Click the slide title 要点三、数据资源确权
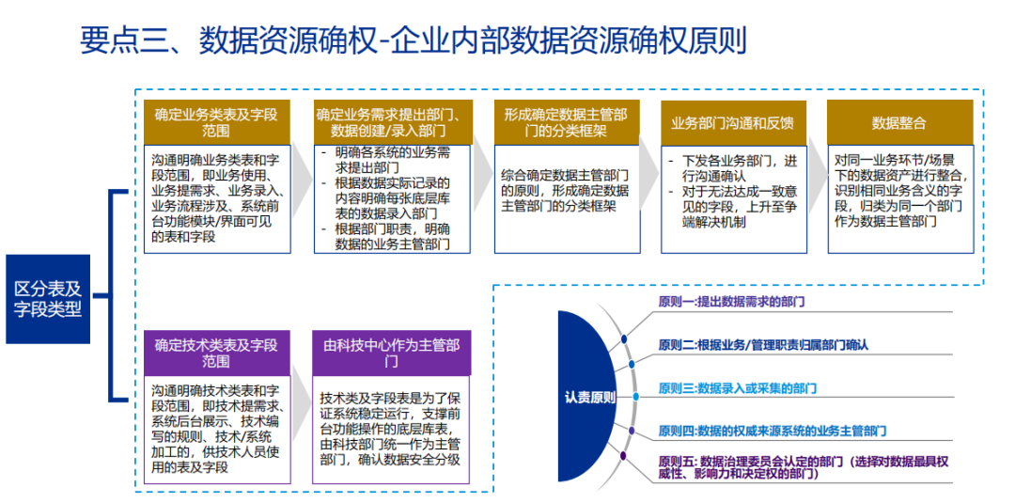click(x=414, y=41)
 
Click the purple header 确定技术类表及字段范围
click(x=216, y=353)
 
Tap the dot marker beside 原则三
click(x=636, y=396)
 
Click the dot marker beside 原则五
click(x=622, y=456)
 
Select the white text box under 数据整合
click(x=899, y=198)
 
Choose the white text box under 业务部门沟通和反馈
click(x=732, y=198)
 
